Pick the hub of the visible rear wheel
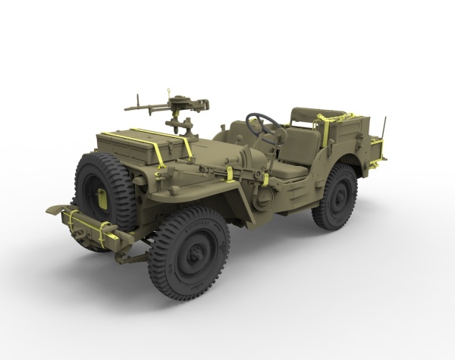point(337,196)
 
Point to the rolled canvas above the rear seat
point(311,114)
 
